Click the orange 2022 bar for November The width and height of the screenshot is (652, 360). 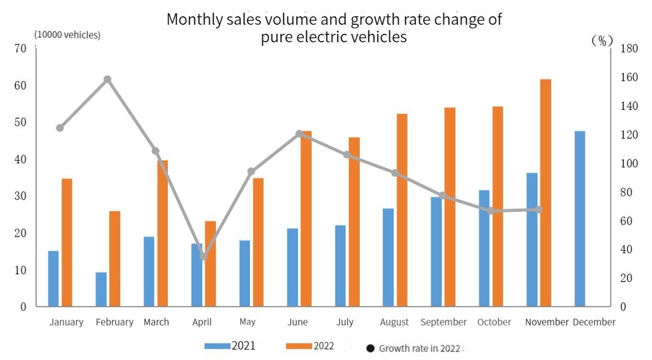pyautogui.click(x=545, y=193)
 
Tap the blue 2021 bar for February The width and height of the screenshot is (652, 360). pyautogui.click(x=101, y=289)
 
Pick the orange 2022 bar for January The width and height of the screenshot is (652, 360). pyautogui.click(x=66, y=242)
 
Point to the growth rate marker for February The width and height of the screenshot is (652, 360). pyautogui.click(x=107, y=79)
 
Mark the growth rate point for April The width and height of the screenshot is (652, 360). pyautogui.click(x=203, y=257)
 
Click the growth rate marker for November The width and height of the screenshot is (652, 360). pyautogui.click(x=539, y=210)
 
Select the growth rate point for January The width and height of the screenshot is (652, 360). pyautogui.click(x=60, y=128)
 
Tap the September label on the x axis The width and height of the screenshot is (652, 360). pyautogui.click(x=444, y=322)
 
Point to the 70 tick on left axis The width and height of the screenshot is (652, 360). pyautogui.click(x=21, y=48)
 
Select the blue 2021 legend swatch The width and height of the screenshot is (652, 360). pyautogui.click(x=217, y=346)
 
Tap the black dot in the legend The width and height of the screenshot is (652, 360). pyautogui.click(x=371, y=349)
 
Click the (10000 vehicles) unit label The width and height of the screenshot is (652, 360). pyautogui.click(x=68, y=34)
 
